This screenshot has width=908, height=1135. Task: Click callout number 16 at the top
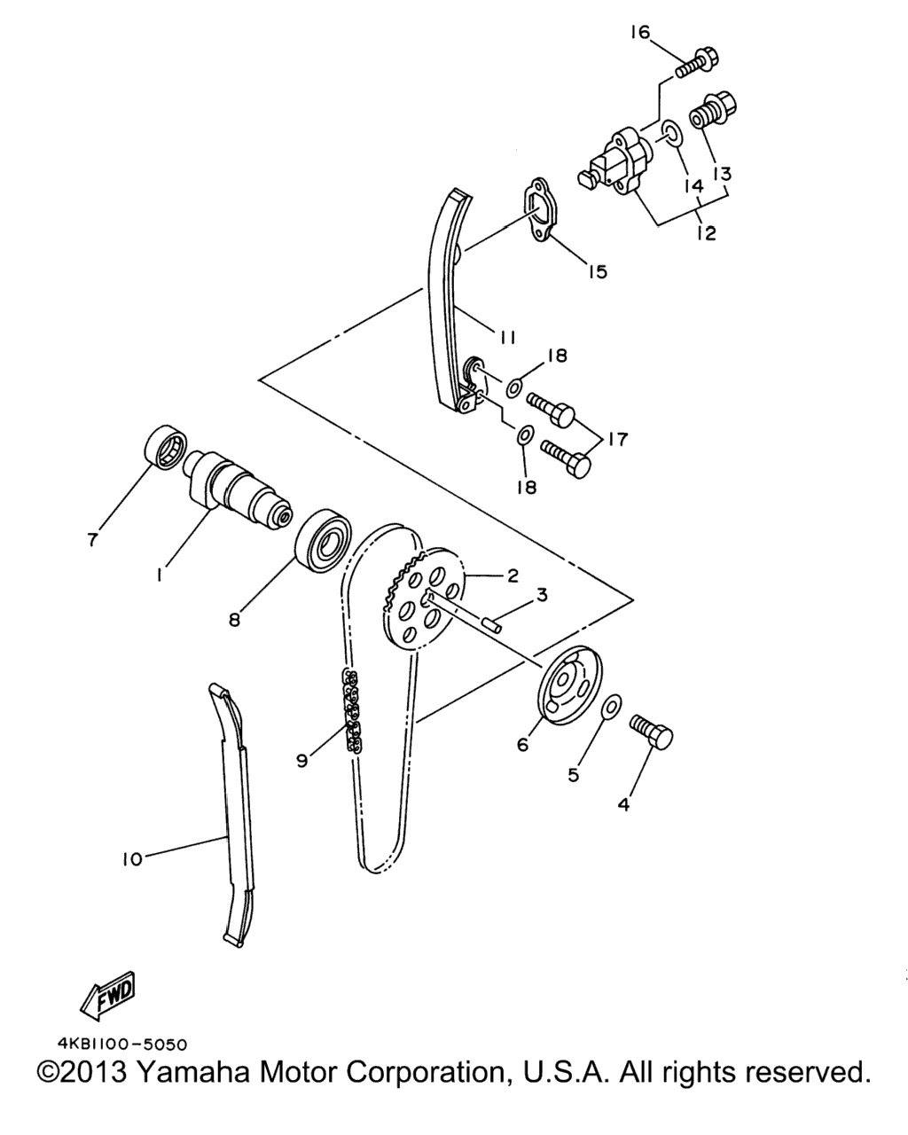[640, 33]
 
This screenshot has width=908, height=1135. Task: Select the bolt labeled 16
[697, 65]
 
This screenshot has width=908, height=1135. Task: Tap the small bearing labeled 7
[166, 446]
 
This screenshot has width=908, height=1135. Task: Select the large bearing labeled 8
[324, 540]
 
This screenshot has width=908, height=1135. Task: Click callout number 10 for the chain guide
[131, 859]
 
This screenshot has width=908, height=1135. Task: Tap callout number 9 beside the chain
[301, 761]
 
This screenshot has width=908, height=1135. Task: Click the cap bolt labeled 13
[712, 110]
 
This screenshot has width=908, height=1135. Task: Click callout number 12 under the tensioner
[706, 232]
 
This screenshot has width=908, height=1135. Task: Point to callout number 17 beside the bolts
[617, 439]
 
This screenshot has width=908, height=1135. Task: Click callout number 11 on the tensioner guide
[506, 337]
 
